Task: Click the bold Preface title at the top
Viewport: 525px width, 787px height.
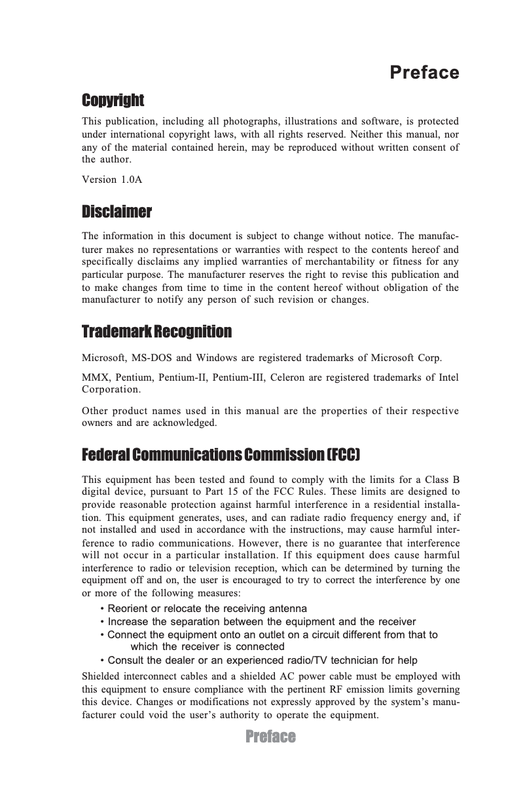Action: pyautogui.click(x=424, y=72)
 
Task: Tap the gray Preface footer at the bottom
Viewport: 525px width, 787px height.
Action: pyautogui.click(x=270, y=737)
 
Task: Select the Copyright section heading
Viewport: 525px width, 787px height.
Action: pyautogui.click(x=113, y=100)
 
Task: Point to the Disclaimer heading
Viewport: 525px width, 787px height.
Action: pyautogui.click(x=117, y=212)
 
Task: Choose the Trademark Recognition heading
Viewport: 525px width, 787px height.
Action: pyautogui.click(x=156, y=332)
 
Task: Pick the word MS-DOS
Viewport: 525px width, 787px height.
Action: pyautogui.click(x=152, y=359)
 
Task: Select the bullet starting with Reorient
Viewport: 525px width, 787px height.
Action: pyautogui.click(x=203, y=609)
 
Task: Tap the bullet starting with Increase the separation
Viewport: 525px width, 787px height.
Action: pyautogui.click(x=258, y=622)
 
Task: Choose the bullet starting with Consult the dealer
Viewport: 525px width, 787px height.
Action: pyautogui.click(x=258, y=661)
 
